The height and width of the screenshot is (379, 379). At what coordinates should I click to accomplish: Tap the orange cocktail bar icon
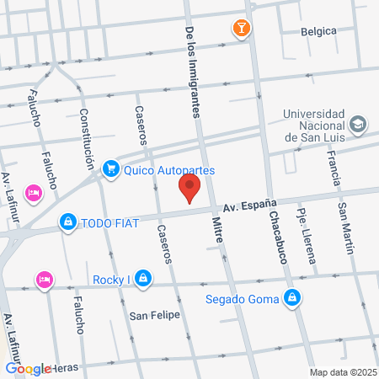pyautogui.click(x=242, y=29)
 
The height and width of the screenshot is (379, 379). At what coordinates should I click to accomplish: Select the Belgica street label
pyautogui.click(x=318, y=32)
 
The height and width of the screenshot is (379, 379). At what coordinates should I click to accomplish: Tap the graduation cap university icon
pyautogui.click(x=359, y=125)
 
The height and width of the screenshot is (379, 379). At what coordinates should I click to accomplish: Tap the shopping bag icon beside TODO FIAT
pyautogui.click(x=67, y=222)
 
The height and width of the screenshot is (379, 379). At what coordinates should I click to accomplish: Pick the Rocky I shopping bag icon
pyautogui.click(x=144, y=278)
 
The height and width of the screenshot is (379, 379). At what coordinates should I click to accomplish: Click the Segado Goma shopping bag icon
pyautogui.click(x=291, y=297)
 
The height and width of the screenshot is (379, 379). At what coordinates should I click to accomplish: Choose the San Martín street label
pyautogui.click(x=346, y=231)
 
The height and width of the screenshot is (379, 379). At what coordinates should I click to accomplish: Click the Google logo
pyautogui.click(x=28, y=369)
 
